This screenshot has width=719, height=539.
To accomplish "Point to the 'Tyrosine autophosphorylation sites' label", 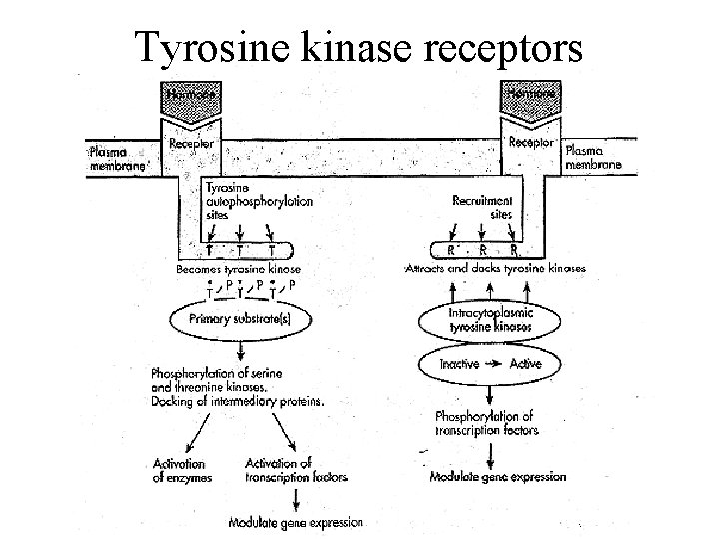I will [258, 200].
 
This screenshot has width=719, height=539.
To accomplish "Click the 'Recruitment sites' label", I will [484, 206].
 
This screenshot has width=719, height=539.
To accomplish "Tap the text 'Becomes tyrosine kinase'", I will [238, 269].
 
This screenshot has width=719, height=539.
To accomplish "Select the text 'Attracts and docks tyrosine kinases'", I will [509, 268].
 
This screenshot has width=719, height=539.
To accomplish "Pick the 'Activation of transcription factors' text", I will [296, 470].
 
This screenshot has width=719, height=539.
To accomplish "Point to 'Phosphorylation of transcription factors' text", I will [486, 423].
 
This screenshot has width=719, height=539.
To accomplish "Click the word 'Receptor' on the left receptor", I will [190, 144].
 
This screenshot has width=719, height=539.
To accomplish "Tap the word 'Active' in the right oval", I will [525, 365].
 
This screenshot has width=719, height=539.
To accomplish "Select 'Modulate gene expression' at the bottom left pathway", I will [296, 522].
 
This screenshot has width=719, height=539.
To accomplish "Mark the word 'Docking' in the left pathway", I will [174, 402].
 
